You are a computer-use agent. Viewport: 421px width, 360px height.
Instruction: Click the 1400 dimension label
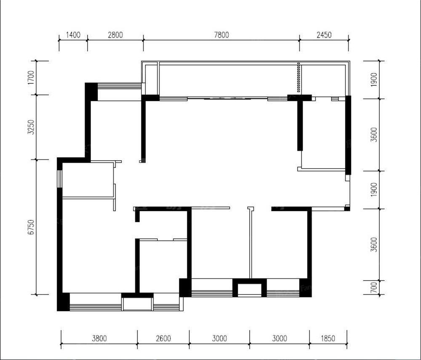click(x=73, y=35)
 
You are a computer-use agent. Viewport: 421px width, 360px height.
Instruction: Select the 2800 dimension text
click(x=115, y=35)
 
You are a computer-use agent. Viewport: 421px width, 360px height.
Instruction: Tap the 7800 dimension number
click(x=221, y=35)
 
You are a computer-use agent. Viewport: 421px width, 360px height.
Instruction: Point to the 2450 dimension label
click(x=324, y=35)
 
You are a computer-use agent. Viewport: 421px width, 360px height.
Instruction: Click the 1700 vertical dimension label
click(x=31, y=78)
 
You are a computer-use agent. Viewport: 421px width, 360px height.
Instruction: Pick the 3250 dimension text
click(x=31, y=127)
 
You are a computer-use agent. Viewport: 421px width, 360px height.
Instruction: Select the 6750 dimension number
click(x=31, y=227)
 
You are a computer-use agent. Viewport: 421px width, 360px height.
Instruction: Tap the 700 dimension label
click(x=373, y=288)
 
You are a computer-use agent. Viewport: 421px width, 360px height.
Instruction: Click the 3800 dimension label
click(x=99, y=339)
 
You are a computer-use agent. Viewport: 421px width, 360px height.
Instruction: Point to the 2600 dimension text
click(x=163, y=339)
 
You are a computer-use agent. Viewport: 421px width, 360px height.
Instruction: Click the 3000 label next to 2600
click(x=219, y=339)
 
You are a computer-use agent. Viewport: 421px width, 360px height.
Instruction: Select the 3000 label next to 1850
click(x=280, y=339)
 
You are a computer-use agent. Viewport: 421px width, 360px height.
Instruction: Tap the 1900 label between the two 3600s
click(x=373, y=190)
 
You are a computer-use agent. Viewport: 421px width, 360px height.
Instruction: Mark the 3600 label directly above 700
click(x=373, y=245)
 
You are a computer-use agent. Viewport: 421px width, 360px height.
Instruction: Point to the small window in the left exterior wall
click(x=60, y=179)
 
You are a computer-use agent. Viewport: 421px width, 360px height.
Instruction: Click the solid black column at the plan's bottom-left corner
click(x=64, y=302)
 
